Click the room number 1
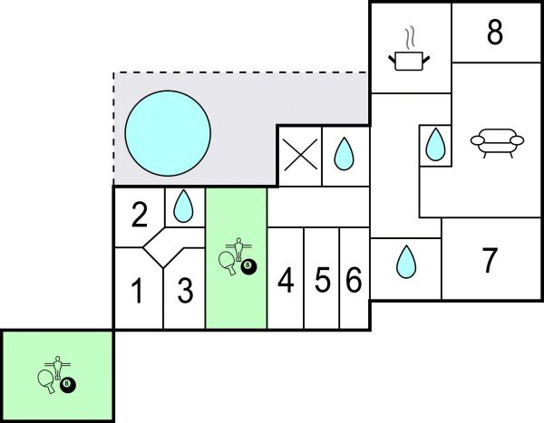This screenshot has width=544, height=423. pos(138,292)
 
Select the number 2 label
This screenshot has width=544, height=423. pos(139,216)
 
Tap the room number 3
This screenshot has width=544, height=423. pos(185,292)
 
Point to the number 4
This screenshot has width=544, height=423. pos(286,282)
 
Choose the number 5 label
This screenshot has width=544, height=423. pos(322,282)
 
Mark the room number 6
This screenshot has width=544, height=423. pos(354,282)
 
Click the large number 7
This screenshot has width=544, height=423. pos(490,261)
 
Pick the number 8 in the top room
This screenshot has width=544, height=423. pos(494,34)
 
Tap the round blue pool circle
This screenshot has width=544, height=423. pos(167,134)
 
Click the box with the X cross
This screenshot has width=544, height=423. pos(300,156)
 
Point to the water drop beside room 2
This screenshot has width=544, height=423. pos(184,207)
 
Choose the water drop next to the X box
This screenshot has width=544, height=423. pos(344,154)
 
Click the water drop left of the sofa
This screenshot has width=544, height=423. pos(436,143)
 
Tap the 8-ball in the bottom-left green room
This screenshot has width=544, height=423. pos(68,384)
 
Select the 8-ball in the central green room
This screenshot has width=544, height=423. pos(248,266)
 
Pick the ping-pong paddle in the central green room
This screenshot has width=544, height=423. pos(227,261)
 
